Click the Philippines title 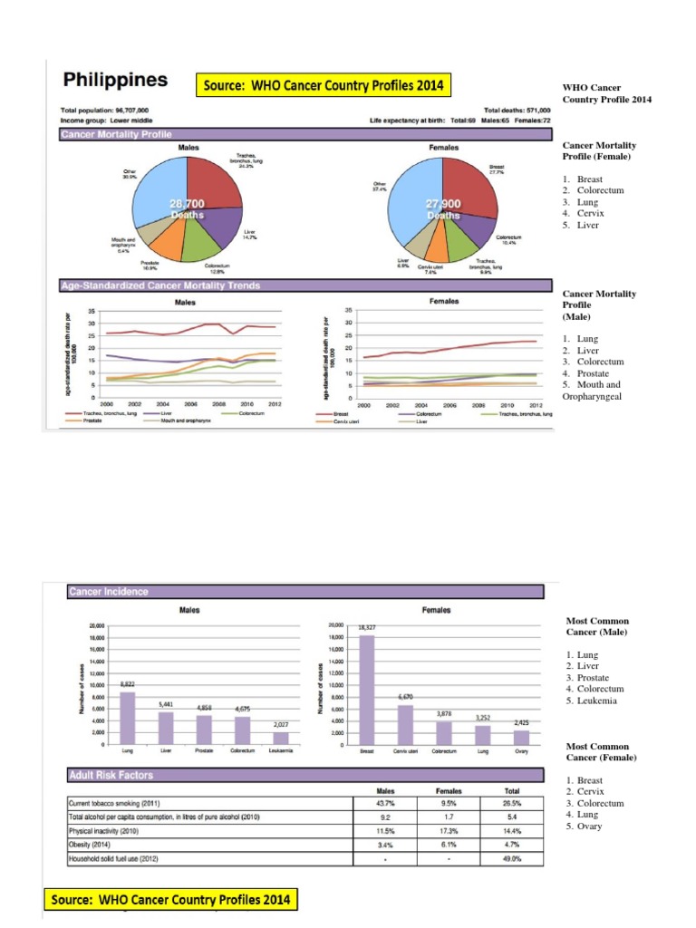coord(114,80)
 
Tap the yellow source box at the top coord(322,86)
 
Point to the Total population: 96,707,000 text coord(105,110)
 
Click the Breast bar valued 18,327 coord(366,689)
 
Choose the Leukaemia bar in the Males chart coord(282,737)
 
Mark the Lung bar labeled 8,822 coord(127,717)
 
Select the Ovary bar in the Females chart coord(521,736)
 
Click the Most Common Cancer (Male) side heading coord(597,626)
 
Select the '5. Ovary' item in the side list coord(584,826)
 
